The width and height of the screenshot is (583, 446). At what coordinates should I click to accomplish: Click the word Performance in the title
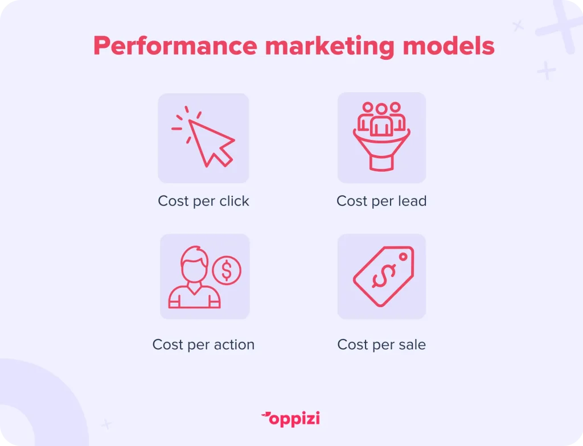pyautogui.click(x=175, y=46)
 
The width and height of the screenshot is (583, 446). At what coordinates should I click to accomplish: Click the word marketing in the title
pyautogui.click(x=330, y=46)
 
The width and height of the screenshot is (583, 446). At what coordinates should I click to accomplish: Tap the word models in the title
pyautogui.click(x=449, y=46)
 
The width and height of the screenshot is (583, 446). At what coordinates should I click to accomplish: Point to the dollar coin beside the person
pyautogui.click(x=227, y=271)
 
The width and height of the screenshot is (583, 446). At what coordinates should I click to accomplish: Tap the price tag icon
pyautogui.click(x=383, y=276)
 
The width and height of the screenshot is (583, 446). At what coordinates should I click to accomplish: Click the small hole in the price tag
pyautogui.click(x=403, y=257)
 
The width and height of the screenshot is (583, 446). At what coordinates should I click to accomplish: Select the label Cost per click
pyautogui.click(x=203, y=201)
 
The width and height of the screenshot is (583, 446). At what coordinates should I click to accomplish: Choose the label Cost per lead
pyautogui.click(x=381, y=201)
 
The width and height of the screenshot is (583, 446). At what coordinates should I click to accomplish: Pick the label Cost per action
pyautogui.click(x=203, y=345)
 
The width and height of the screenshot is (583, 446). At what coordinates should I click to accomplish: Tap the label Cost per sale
pyautogui.click(x=381, y=345)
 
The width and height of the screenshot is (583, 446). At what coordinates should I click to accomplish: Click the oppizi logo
pyautogui.click(x=291, y=419)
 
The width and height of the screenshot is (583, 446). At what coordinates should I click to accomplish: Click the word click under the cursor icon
pyautogui.click(x=234, y=201)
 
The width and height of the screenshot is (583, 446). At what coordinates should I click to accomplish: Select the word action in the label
pyautogui.click(x=234, y=345)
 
